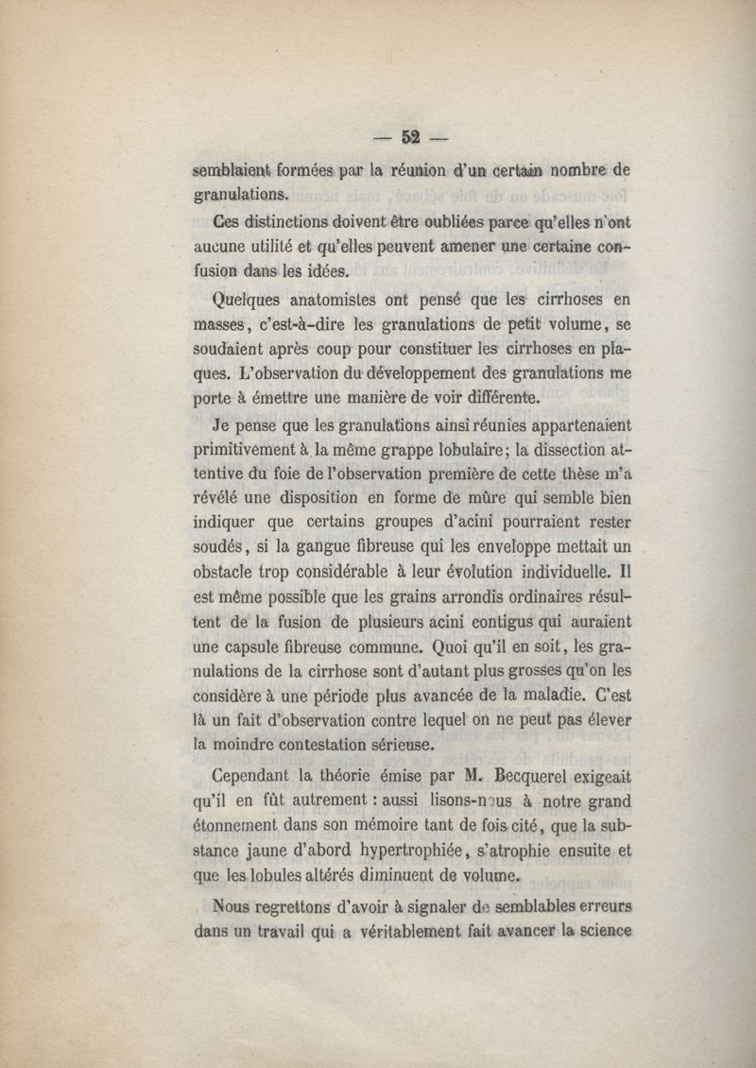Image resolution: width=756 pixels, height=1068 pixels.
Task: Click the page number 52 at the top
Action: point(410,135)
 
